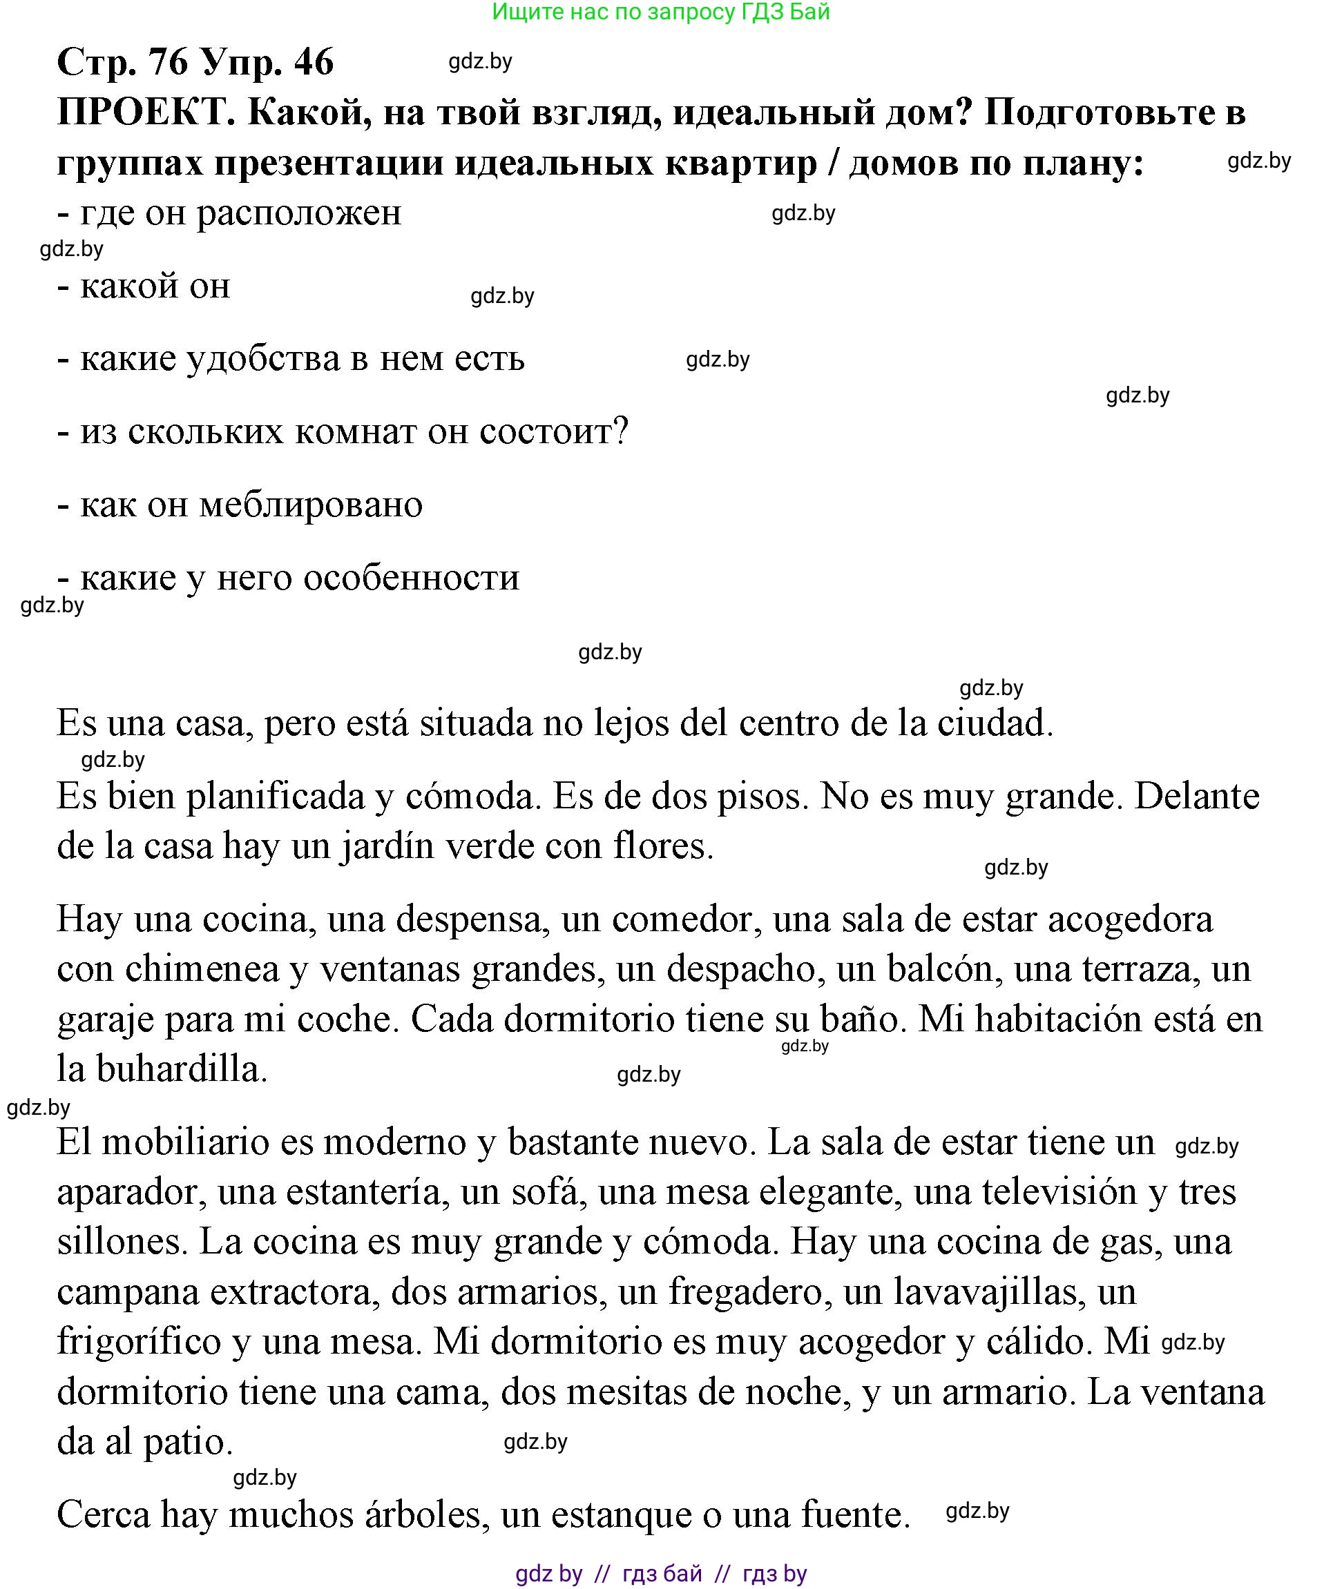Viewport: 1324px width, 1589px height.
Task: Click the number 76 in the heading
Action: tap(168, 61)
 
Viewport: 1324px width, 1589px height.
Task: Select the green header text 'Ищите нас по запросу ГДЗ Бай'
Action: tap(661, 12)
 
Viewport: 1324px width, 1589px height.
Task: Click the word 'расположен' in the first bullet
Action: tap(299, 213)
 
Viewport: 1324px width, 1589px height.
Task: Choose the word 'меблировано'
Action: tap(310, 504)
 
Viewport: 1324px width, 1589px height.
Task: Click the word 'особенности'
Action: tap(411, 577)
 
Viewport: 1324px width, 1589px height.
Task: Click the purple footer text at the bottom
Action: tap(661, 1574)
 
